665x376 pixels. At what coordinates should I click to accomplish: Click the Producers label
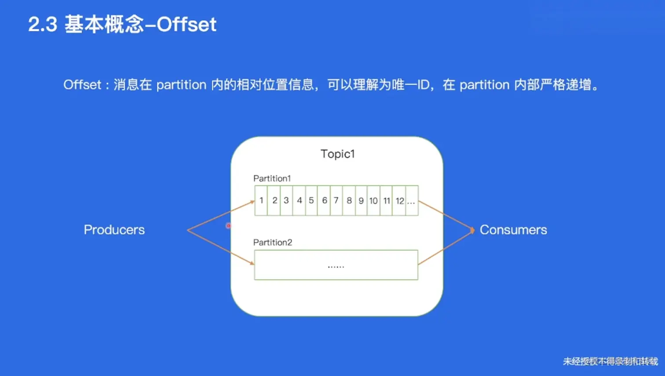point(114,230)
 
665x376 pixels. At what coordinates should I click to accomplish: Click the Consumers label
point(513,230)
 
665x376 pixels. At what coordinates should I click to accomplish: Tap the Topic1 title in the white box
point(337,154)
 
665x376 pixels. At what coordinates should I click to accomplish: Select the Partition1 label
point(272,178)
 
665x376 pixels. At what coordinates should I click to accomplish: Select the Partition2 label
point(273,242)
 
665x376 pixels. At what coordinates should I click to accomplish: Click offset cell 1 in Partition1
point(261,201)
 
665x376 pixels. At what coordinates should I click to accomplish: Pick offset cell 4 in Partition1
point(300,201)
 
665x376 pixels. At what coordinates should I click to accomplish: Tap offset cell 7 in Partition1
point(336,201)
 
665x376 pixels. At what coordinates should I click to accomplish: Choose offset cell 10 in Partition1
point(373,201)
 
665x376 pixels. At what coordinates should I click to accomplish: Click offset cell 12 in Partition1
point(399,201)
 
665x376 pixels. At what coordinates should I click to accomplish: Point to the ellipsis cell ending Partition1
point(412,201)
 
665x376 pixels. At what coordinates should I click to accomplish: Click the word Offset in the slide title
point(186,24)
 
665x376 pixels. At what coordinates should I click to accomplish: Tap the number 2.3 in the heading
point(43,24)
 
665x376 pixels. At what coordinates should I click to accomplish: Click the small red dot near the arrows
point(228,226)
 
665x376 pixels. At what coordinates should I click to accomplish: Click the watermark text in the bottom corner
point(610,361)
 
